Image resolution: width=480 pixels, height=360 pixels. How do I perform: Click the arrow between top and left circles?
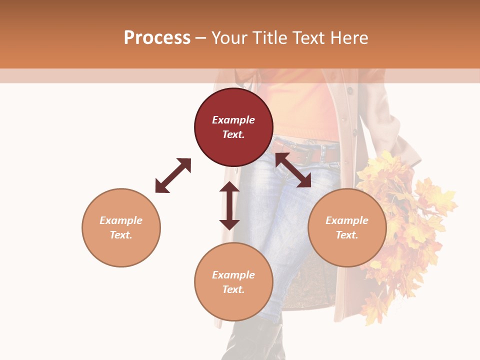point(173,175)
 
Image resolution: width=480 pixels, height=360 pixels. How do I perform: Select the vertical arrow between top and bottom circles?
point(229,205)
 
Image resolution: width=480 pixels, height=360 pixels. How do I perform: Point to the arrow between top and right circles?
point(293,170)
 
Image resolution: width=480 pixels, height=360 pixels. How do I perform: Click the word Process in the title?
point(157,37)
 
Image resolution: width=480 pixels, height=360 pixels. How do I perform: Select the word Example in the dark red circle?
point(233,120)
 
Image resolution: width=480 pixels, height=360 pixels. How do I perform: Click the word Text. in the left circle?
point(121,235)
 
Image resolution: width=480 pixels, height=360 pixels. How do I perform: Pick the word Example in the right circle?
point(347,220)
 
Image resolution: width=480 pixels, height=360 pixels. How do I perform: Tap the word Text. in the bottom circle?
point(233,289)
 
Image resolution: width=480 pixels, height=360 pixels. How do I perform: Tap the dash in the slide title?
point(200,38)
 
